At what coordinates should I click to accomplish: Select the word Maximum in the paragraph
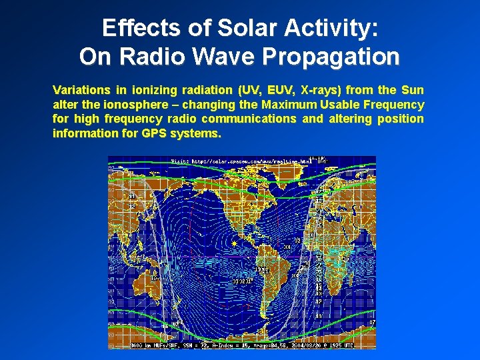coord(289,104)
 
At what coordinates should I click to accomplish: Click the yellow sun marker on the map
coord(234,244)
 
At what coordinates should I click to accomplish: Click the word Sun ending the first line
coord(412,89)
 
